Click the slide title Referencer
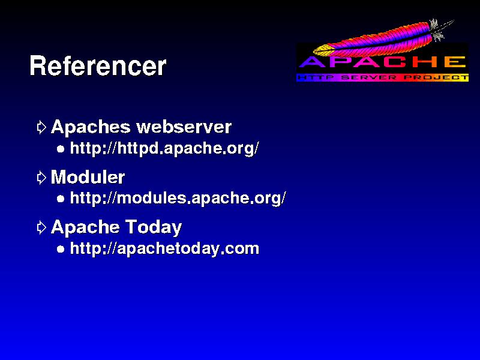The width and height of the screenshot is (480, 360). point(98,66)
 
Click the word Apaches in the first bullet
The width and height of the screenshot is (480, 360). point(91,127)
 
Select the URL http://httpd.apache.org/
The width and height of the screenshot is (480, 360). point(164,148)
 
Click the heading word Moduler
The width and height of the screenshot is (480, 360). point(88,177)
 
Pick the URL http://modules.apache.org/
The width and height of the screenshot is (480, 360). point(178,199)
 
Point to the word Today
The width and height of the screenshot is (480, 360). point(154,228)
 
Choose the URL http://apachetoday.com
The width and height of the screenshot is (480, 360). point(164,248)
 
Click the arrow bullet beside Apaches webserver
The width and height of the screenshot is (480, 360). point(41,127)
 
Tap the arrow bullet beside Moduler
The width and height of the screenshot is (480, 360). point(41,178)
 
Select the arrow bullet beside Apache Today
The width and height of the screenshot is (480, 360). point(41,227)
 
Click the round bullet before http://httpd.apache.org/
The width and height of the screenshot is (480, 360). point(61,149)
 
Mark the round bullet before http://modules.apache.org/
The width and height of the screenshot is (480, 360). point(61,199)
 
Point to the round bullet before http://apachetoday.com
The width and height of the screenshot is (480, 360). point(61,249)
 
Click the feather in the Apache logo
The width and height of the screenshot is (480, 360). point(383,38)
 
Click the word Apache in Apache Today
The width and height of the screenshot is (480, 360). point(85,228)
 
